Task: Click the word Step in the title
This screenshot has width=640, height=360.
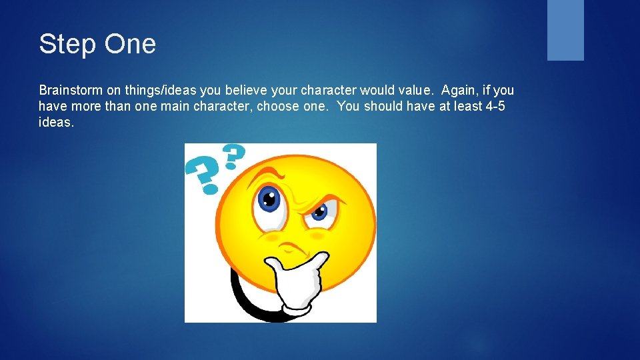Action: point(63,45)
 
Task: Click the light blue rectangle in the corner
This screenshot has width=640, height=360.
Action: point(565,30)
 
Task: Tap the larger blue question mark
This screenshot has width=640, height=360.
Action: point(201,174)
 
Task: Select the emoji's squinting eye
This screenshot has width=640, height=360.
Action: point(319,212)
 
